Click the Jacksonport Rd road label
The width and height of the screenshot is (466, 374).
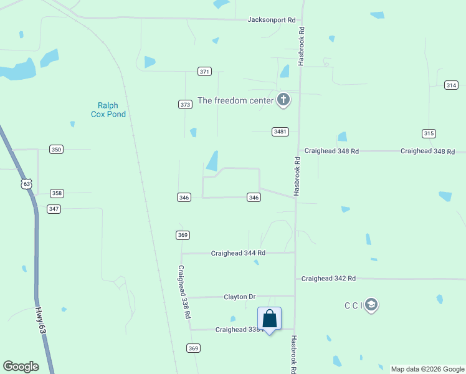click(x=271, y=20)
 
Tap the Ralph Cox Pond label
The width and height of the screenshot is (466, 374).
click(x=112, y=110)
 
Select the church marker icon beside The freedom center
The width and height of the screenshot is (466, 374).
click(x=283, y=100)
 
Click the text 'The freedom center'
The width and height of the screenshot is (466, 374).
click(x=235, y=100)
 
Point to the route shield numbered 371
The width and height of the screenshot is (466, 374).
click(x=204, y=72)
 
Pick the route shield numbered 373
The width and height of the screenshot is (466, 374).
click(x=185, y=104)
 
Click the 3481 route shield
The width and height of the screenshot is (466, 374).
click(x=280, y=132)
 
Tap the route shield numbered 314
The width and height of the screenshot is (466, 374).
click(x=451, y=85)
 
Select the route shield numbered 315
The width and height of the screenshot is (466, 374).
click(x=428, y=133)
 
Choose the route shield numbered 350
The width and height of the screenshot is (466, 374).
click(x=57, y=150)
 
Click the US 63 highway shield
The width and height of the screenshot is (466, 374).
click(x=26, y=184)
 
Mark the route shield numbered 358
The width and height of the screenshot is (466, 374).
click(x=57, y=193)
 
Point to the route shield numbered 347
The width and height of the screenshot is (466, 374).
click(x=54, y=209)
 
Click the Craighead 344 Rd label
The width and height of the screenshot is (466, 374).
click(x=238, y=253)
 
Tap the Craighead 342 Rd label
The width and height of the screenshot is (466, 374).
click(x=328, y=278)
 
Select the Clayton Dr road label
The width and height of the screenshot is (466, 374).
click(x=240, y=297)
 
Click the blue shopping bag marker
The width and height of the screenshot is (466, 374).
click(x=270, y=319)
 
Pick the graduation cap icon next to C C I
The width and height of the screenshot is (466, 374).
click(x=372, y=305)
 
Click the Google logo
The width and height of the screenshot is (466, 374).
click(x=21, y=367)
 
